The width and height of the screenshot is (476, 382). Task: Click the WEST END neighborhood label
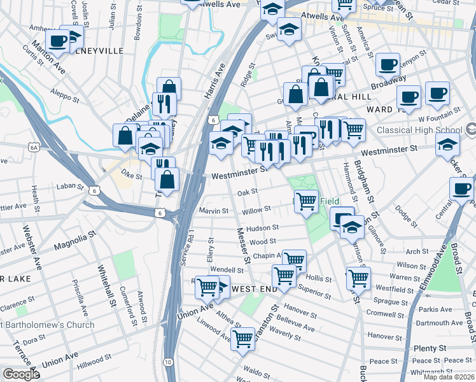tap(254, 289)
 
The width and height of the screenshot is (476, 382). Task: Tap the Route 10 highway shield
tap(167, 362)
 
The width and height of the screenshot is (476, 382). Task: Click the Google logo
tap(21, 374)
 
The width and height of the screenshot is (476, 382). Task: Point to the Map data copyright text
tap(449, 377)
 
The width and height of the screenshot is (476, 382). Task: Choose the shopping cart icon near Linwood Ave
tap(242, 339)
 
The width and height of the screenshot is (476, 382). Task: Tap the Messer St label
tap(242, 246)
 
